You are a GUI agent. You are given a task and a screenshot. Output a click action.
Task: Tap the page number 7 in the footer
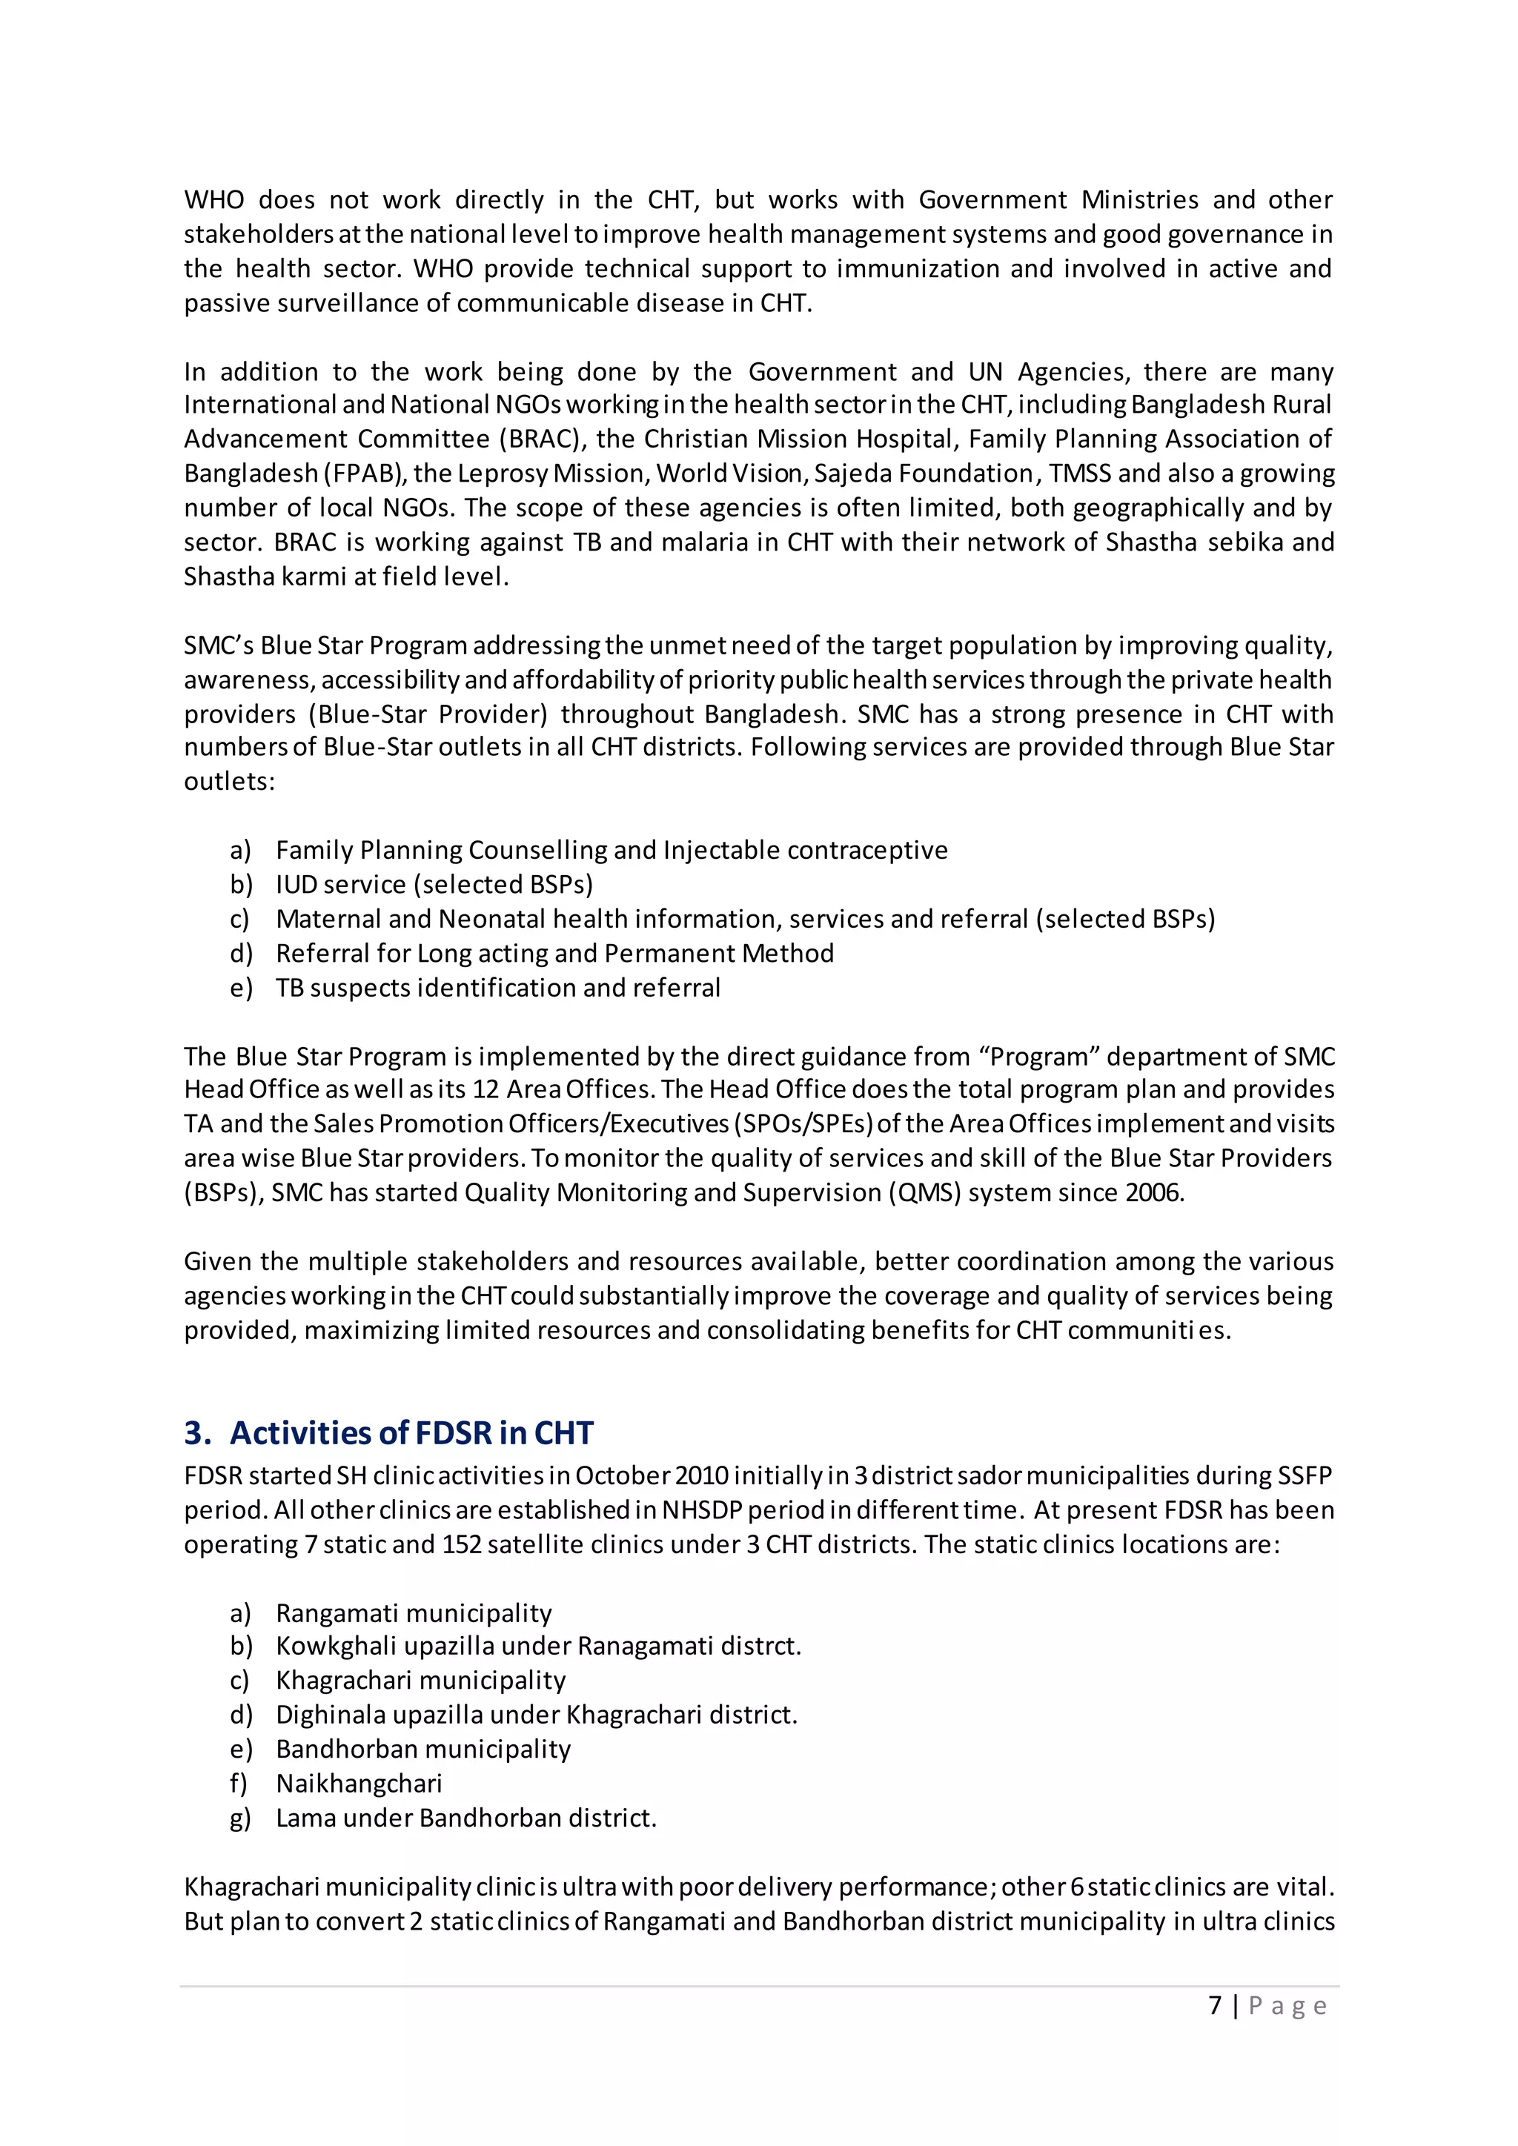pyautogui.click(x=1214, y=2005)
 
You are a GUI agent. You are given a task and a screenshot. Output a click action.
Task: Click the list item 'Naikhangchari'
pyautogui.click(x=359, y=1784)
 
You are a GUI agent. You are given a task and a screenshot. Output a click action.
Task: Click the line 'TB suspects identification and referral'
pyautogui.click(x=497, y=988)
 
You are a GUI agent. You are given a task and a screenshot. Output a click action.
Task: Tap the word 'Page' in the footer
pyautogui.click(x=1287, y=2006)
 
